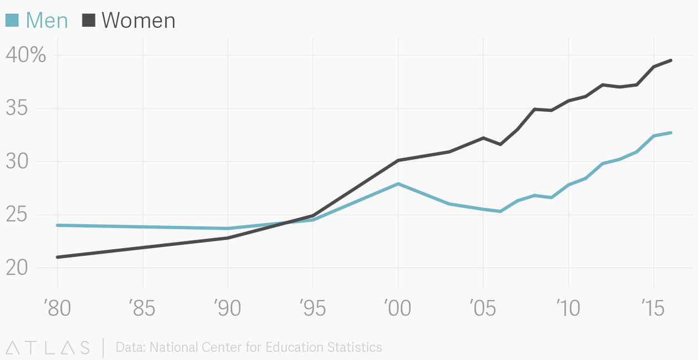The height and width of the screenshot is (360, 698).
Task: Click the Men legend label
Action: pos(47,20)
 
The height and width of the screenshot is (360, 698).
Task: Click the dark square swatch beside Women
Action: pos(89,20)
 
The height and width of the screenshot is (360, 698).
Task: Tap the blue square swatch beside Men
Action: pos(12,20)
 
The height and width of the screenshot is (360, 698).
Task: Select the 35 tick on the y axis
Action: pos(17,109)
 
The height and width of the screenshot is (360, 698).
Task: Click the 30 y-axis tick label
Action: pos(17,162)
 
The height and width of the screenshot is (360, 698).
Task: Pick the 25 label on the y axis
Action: pos(17,215)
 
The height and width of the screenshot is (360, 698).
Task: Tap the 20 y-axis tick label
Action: pos(17,268)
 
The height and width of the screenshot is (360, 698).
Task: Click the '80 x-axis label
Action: pos(57,308)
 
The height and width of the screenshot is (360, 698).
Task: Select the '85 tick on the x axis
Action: pos(142,308)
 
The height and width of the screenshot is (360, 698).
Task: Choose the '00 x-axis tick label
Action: pos(398,308)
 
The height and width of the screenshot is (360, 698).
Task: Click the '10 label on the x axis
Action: pos(568,308)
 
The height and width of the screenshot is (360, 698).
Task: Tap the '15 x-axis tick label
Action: pos(654,308)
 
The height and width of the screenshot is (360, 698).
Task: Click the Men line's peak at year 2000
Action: pos(398,184)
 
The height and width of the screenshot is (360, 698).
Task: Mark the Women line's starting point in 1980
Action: pos(58,257)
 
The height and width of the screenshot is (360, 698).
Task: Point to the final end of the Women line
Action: pos(671,60)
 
